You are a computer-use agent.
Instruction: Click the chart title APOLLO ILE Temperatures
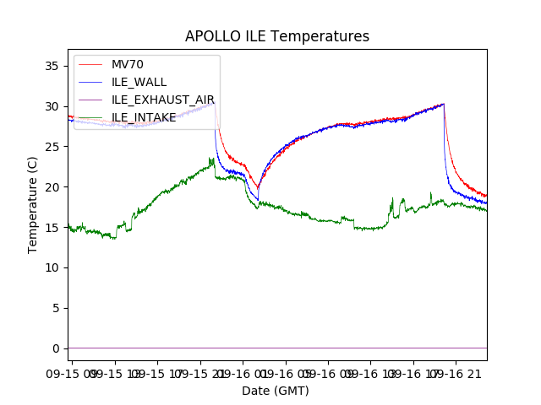277,37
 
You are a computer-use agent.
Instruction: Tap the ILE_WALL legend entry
139,82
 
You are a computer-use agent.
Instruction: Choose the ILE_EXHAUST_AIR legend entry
163,100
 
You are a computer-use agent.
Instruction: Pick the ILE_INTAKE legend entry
144,117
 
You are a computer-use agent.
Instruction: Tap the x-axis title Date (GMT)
276,391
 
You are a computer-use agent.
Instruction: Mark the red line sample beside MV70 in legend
90,64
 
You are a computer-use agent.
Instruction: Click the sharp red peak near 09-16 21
444,104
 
